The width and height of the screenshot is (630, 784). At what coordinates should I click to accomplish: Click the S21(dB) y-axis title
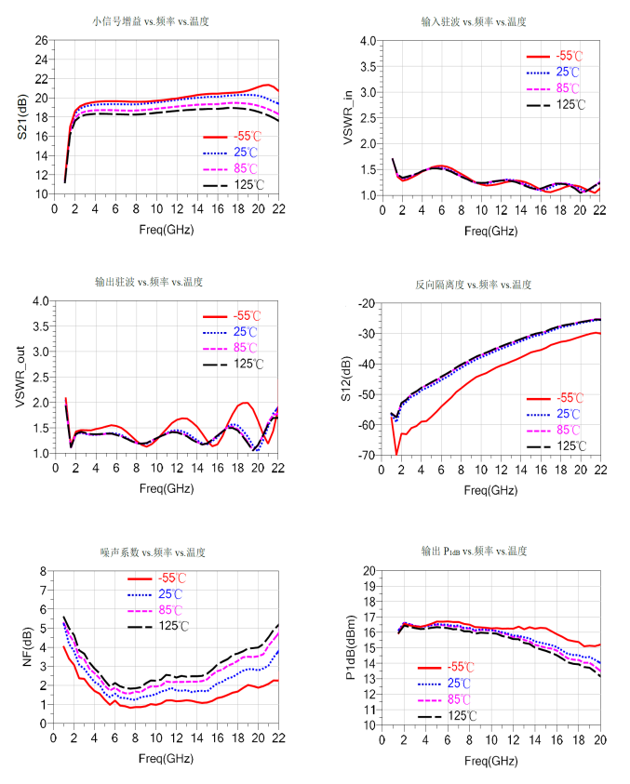pyautogui.click(x=20, y=117)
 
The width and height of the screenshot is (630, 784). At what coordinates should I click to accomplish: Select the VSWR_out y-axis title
pyautogui.click(x=20, y=378)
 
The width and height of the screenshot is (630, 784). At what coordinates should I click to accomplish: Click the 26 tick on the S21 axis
pyautogui.click(x=42, y=40)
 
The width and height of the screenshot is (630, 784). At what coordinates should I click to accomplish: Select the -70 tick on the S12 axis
pyautogui.click(x=365, y=455)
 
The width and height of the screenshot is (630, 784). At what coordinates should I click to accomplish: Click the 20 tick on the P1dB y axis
pyautogui.click(x=368, y=570)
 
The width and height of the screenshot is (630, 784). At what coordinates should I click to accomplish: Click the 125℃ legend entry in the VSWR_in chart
pyautogui.click(x=571, y=104)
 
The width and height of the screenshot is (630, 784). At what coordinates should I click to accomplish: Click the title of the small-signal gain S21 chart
pyautogui.click(x=150, y=20)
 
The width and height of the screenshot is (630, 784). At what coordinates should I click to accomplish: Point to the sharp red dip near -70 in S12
pyautogui.click(x=396, y=454)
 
